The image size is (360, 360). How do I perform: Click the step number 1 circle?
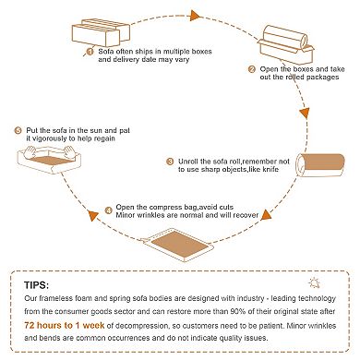[x=90, y=52]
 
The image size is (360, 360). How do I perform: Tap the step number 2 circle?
[x=252, y=69]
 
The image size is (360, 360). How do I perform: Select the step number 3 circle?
[x=170, y=162]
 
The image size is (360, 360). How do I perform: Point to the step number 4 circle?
[x=108, y=210]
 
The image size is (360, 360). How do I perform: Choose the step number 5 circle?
[x=18, y=131]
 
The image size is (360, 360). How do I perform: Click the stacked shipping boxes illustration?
[x=101, y=32]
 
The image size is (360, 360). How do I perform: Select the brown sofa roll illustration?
[x=320, y=165]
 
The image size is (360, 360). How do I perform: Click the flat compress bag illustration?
[x=177, y=246]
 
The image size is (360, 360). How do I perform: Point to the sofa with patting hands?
[x=49, y=160]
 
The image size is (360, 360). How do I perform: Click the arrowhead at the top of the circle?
[x=195, y=16]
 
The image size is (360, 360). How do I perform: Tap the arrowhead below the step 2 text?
[x=305, y=114]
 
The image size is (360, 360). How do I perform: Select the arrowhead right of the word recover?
[x=267, y=215]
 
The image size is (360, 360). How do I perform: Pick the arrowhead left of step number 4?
[x=92, y=215]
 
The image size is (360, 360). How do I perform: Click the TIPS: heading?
[x=36, y=285]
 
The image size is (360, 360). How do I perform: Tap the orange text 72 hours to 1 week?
[x=65, y=325]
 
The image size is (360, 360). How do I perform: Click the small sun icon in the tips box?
[x=314, y=282]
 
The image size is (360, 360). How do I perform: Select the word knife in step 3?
[x=270, y=169]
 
